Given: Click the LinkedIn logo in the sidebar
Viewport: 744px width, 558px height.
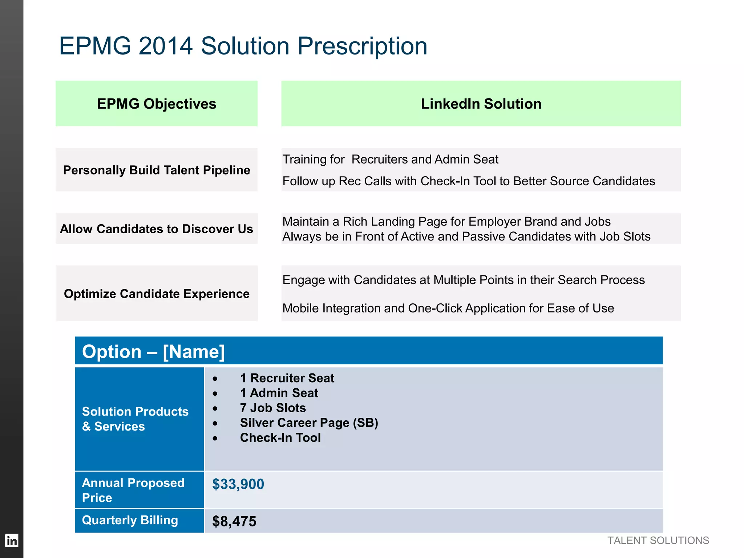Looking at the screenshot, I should click(x=12, y=541).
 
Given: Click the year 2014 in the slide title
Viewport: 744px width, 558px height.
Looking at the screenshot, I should click(x=165, y=46).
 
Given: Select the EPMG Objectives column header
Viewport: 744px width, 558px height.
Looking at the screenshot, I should click(x=157, y=104).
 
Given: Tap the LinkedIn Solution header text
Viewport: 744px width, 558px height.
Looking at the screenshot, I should click(x=481, y=104).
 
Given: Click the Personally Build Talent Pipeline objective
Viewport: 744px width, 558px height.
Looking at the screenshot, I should click(x=157, y=170).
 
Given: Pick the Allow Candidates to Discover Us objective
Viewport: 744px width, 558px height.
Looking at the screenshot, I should click(x=157, y=229).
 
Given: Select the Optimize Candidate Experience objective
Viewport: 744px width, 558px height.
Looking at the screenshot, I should click(x=157, y=294).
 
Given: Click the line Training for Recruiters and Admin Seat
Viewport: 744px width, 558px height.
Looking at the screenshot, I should click(x=390, y=159).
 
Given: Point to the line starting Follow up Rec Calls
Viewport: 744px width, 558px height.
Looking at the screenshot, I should click(x=469, y=181).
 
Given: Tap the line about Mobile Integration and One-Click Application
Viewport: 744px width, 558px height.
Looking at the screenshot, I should click(x=448, y=308).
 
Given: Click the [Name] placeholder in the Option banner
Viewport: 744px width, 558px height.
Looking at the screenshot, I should click(x=194, y=352).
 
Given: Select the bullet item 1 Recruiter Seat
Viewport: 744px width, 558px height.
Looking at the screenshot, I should click(x=287, y=378).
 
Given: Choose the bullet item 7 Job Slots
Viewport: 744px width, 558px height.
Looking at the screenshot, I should click(x=273, y=408).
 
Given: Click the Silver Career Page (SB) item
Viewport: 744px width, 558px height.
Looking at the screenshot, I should click(x=309, y=423).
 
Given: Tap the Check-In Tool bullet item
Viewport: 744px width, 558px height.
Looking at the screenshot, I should click(x=280, y=438).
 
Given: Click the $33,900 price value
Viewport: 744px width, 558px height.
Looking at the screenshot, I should click(x=238, y=484).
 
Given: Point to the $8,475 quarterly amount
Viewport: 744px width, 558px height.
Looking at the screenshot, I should click(x=234, y=521).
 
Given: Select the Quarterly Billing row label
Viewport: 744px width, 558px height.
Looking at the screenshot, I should click(x=130, y=520).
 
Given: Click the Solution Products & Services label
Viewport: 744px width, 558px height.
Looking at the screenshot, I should click(x=135, y=419).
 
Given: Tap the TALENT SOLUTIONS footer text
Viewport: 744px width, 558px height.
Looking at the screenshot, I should click(x=658, y=541).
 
